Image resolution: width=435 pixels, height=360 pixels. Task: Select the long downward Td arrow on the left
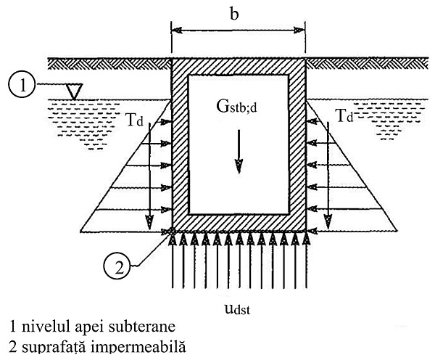coord(149,174)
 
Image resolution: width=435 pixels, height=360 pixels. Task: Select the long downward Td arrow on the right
coord(328,174)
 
